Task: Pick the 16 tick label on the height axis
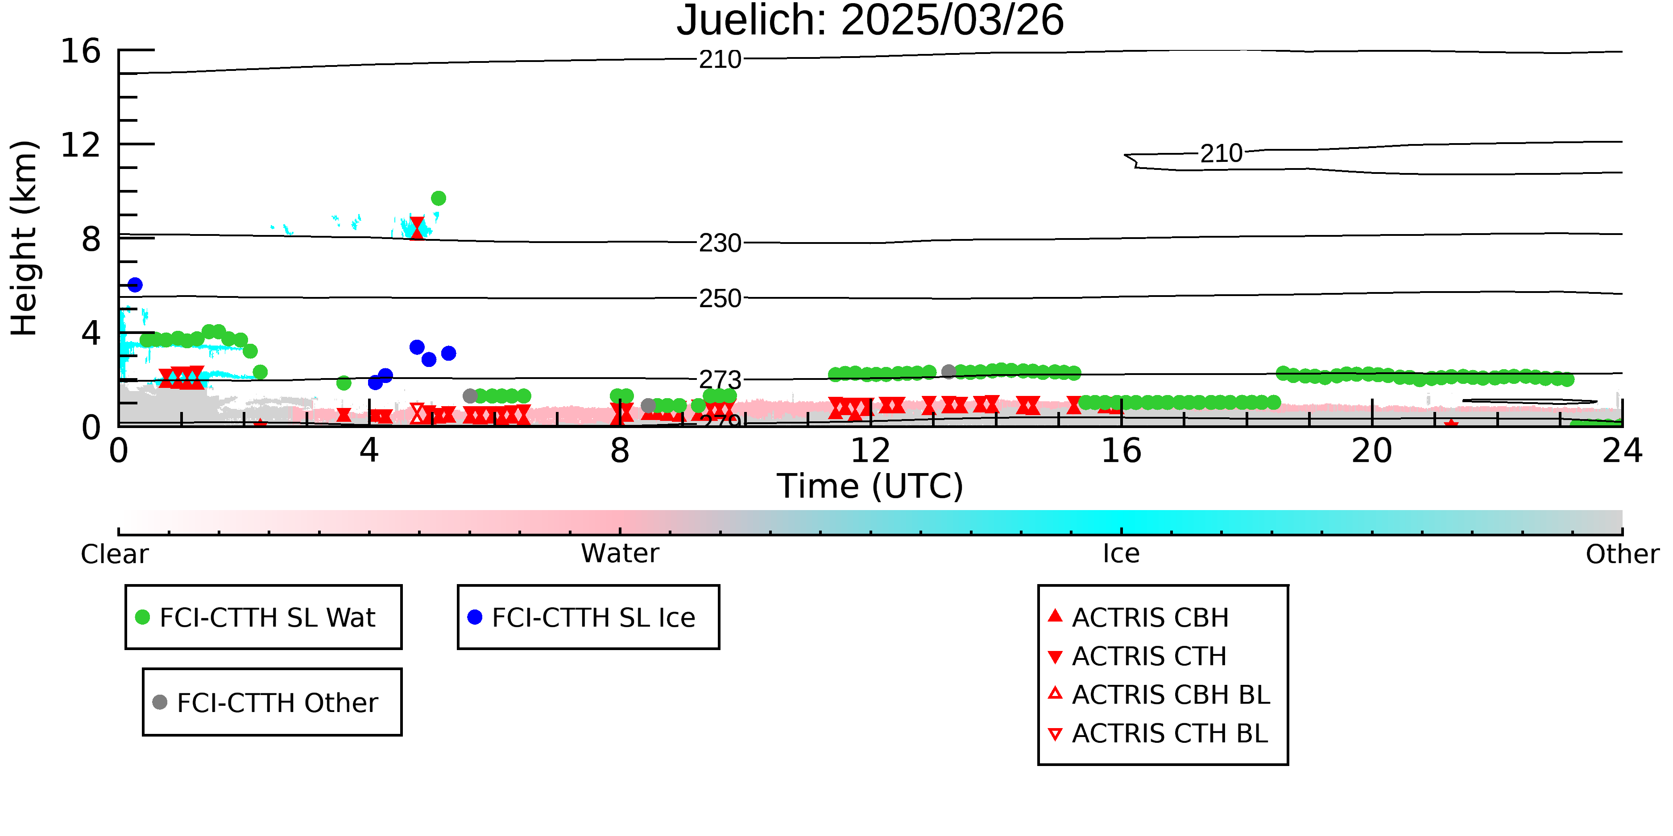81,51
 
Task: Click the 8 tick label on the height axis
91,239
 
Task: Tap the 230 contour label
720,243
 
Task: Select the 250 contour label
720,299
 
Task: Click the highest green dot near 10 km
439,198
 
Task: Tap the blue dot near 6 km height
134,284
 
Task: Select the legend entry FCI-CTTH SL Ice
592,617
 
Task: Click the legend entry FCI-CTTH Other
277,702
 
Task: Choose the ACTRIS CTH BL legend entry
1169,733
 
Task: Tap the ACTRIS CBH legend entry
1150,617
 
